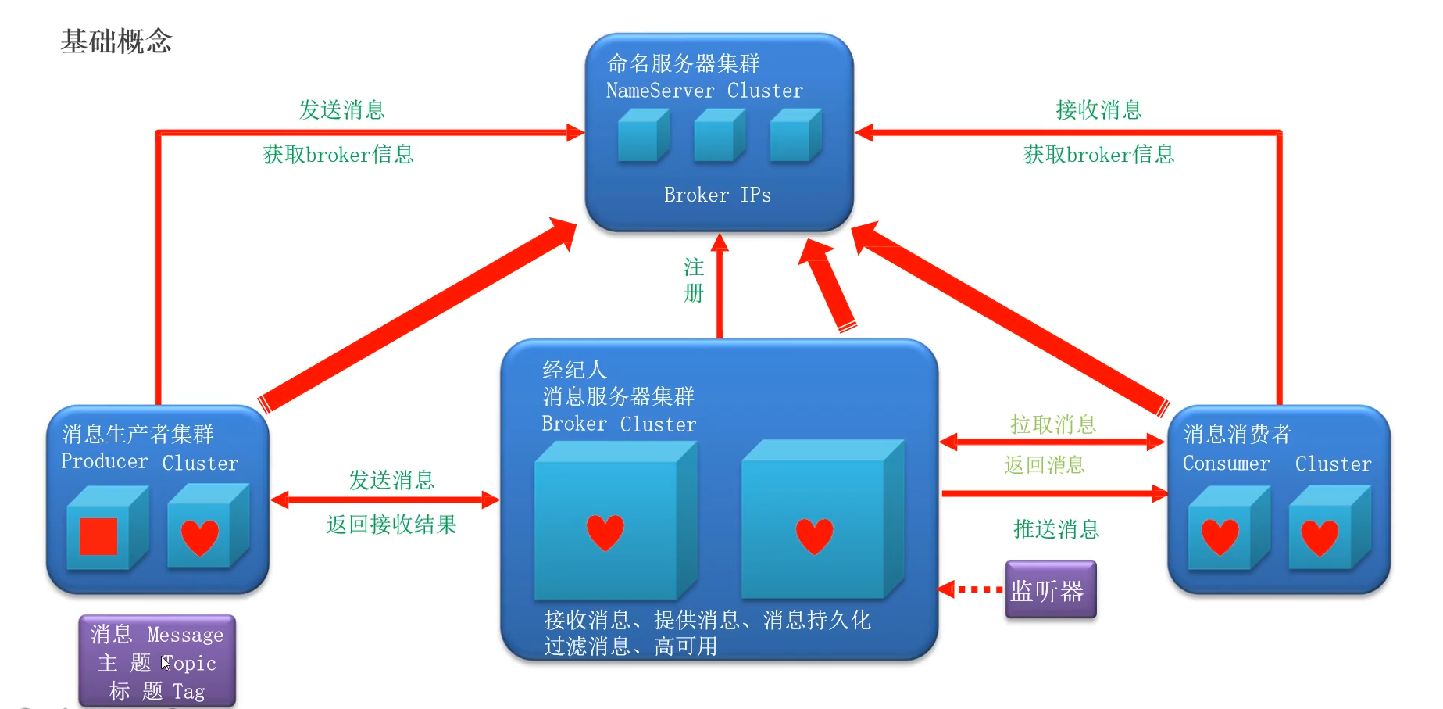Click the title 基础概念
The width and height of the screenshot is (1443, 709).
click(116, 41)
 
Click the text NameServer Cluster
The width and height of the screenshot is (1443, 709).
click(704, 91)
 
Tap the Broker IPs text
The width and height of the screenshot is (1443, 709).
click(716, 195)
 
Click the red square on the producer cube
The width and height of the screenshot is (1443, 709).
click(98, 536)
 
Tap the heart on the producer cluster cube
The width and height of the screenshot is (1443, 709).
click(200, 537)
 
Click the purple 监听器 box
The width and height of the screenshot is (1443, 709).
click(1049, 590)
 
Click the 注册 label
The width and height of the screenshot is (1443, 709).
click(694, 280)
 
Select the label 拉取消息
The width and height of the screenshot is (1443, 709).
click(1052, 424)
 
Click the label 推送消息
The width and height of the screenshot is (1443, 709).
click(1055, 529)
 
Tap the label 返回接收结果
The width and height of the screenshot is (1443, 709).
click(391, 525)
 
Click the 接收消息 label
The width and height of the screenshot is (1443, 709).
click(1098, 110)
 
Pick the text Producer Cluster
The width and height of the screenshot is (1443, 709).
click(149, 462)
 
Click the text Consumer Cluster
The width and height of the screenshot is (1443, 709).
click(1276, 464)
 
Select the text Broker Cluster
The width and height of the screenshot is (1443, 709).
click(618, 424)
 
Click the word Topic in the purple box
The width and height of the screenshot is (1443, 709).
click(189, 664)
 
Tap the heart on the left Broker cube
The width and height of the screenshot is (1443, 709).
click(605, 532)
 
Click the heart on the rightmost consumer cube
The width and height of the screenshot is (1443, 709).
click(1320, 538)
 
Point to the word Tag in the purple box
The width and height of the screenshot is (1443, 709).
click(188, 692)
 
